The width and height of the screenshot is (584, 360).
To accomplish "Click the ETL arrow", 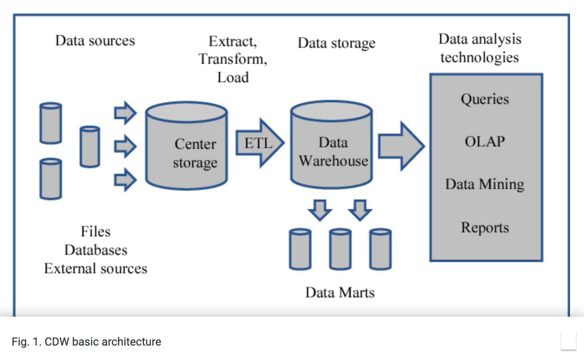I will (259, 143).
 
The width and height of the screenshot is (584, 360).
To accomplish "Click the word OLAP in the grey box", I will (485, 141).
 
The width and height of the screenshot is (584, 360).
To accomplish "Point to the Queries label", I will (485, 99).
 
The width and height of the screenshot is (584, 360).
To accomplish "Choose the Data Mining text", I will (485, 184).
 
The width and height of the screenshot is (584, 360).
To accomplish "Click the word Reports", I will (485, 228).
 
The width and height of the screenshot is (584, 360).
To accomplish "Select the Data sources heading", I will (95, 41).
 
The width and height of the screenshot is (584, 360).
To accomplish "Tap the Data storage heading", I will (336, 43).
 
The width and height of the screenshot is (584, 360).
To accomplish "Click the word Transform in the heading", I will (232, 59).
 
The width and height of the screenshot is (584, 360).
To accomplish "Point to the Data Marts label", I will (340, 293).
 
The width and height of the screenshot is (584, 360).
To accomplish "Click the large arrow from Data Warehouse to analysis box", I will (401, 146).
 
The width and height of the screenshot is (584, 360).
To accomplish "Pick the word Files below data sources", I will (95, 232).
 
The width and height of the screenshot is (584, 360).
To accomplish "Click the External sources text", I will (95, 268).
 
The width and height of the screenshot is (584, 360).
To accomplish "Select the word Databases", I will (95, 250).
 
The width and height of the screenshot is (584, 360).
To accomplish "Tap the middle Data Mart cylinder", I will (340, 249).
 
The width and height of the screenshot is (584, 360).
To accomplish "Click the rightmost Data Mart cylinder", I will (380, 249).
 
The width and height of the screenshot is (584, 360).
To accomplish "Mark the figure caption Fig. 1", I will (86, 342).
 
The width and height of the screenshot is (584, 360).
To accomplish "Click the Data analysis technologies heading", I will (480, 48).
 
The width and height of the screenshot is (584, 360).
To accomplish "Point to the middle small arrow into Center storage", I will (125, 146).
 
